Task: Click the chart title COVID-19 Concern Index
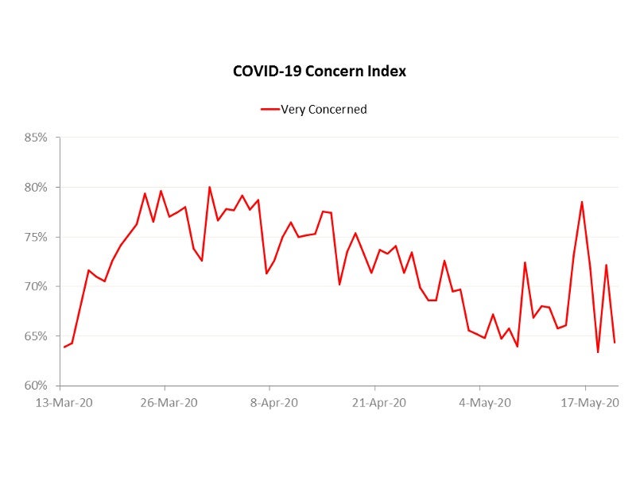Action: click(x=319, y=71)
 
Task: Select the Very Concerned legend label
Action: click(x=324, y=110)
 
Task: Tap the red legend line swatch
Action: click(x=270, y=110)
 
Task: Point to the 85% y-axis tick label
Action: click(x=35, y=138)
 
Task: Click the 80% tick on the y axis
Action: click(x=35, y=188)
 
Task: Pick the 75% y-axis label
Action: click(x=35, y=237)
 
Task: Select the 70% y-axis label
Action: click(x=35, y=286)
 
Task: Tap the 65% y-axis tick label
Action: click(x=35, y=336)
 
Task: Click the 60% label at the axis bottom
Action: click(x=35, y=386)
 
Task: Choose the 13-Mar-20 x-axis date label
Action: click(x=64, y=402)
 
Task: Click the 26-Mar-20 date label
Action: click(x=169, y=402)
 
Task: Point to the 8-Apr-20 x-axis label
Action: click(x=273, y=402)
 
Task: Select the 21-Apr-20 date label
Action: click(x=378, y=402)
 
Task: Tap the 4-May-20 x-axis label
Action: click(x=485, y=402)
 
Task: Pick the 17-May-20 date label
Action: click(x=590, y=402)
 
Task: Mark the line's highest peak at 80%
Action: click(x=210, y=188)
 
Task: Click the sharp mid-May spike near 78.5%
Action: click(x=582, y=202)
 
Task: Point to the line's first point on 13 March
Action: click(x=64, y=347)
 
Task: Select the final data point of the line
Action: click(x=615, y=343)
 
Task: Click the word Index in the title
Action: click(x=386, y=71)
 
